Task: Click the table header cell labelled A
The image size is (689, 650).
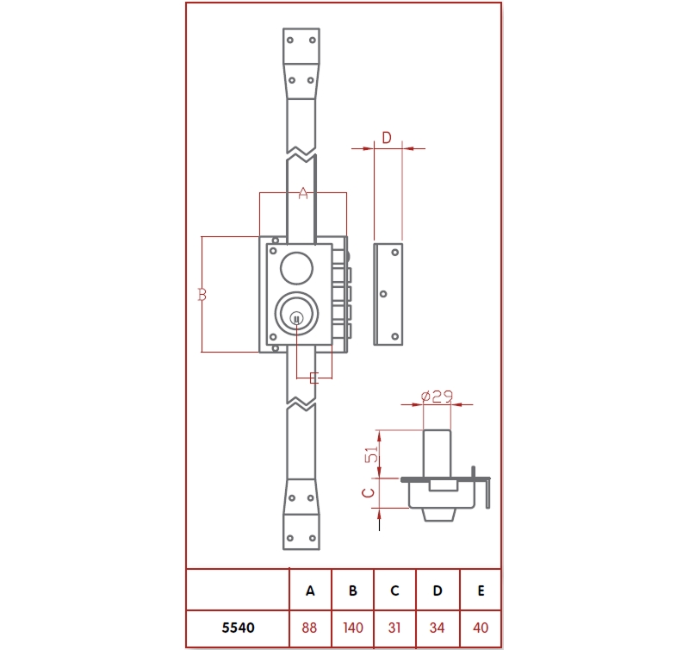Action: click(x=310, y=591)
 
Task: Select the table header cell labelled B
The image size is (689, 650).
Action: click(x=352, y=591)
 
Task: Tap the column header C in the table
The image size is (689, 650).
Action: click(x=394, y=591)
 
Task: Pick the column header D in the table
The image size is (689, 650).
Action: click(x=438, y=591)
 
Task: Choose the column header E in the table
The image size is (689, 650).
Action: click(x=481, y=591)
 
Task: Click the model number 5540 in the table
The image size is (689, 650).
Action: click(x=237, y=628)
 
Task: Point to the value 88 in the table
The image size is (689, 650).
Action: click(x=310, y=628)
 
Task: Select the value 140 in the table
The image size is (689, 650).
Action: click(x=352, y=628)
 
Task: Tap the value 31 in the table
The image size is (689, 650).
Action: click(x=394, y=628)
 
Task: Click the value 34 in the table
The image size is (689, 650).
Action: click(x=438, y=628)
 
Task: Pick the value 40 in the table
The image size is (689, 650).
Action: click(x=481, y=628)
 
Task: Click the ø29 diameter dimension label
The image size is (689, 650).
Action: click(x=437, y=396)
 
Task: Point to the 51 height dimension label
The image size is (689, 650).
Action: click(x=372, y=454)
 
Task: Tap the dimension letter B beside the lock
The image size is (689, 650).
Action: click(x=202, y=295)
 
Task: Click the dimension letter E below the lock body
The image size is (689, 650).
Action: click(x=313, y=378)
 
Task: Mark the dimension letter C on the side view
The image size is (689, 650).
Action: click(x=367, y=493)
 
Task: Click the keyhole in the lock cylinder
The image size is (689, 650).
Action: click(x=296, y=319)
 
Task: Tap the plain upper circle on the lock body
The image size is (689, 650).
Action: click(x=296, y=267)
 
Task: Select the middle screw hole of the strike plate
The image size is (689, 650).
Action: click(x=384, y=294)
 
